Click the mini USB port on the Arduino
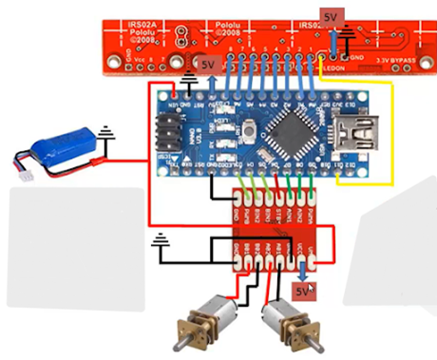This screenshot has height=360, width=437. [364, 125]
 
